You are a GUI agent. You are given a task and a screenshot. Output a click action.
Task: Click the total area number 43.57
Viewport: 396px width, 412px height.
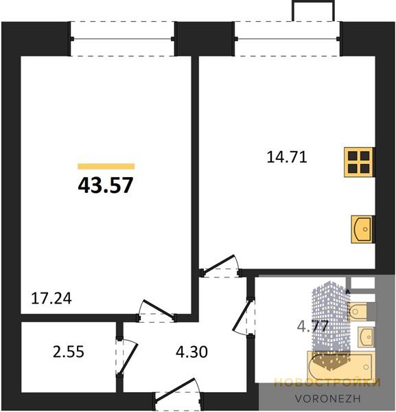pos(106,185)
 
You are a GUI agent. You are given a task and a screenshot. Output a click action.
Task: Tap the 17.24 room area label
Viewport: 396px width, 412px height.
pos(51,299)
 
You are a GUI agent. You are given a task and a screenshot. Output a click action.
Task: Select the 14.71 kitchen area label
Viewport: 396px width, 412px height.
pos(287,157)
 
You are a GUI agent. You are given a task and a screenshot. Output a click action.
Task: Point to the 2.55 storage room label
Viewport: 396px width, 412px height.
pos(68,352)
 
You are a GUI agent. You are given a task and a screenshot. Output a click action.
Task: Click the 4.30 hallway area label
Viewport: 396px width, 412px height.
pos(191,352)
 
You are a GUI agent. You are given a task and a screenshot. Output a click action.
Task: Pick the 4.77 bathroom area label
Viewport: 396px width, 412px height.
pos(313,326)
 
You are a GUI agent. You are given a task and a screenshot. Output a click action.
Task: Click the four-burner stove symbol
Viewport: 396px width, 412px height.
pos(359,162)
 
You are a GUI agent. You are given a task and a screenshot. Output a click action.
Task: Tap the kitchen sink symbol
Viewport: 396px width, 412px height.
pos(362,229)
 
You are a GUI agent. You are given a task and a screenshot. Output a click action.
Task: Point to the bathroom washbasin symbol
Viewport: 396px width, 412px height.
pos(365,337)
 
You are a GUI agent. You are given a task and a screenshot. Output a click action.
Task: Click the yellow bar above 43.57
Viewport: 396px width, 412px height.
pos(106,166)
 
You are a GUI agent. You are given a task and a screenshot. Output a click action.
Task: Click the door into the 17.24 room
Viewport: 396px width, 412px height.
pos(156,311)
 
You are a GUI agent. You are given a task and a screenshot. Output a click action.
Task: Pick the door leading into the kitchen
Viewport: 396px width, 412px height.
pos(220,266)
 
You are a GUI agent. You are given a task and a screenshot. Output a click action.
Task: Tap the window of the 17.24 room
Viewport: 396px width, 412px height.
pos(122,39)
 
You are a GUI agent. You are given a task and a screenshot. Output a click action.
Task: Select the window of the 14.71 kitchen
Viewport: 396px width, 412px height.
pos(288,39)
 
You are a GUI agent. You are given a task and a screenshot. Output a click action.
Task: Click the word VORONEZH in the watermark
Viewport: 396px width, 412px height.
pos(327,398)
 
